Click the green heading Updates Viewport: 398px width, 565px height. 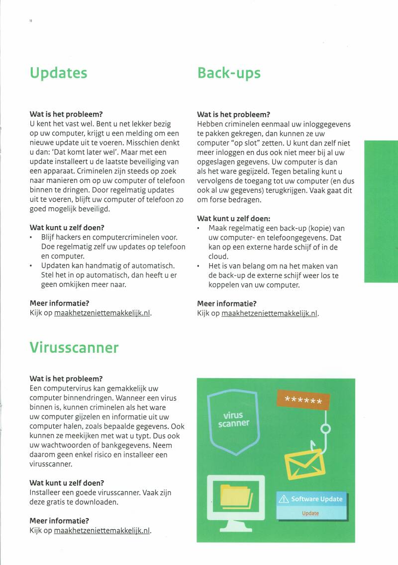[58, 73]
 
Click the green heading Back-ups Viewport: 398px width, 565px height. [229, 73]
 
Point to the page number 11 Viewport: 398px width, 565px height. [31, 21]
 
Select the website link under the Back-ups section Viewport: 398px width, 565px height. [269, 313]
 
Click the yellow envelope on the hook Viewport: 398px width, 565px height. [304, 463]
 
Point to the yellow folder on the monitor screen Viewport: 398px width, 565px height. [236, 496]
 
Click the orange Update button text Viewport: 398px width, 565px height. [310, 513]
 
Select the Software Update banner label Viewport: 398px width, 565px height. [317, 499]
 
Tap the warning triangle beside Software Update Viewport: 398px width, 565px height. [284, 499]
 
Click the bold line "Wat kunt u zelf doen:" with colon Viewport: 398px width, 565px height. [233, 218]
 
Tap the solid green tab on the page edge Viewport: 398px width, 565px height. [381, 211]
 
